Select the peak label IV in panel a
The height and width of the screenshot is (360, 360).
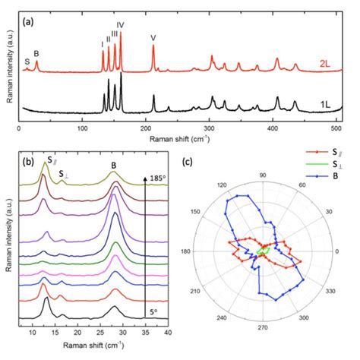tap(121, 25)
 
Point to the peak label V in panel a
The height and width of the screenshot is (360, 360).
tap(153, 38)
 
